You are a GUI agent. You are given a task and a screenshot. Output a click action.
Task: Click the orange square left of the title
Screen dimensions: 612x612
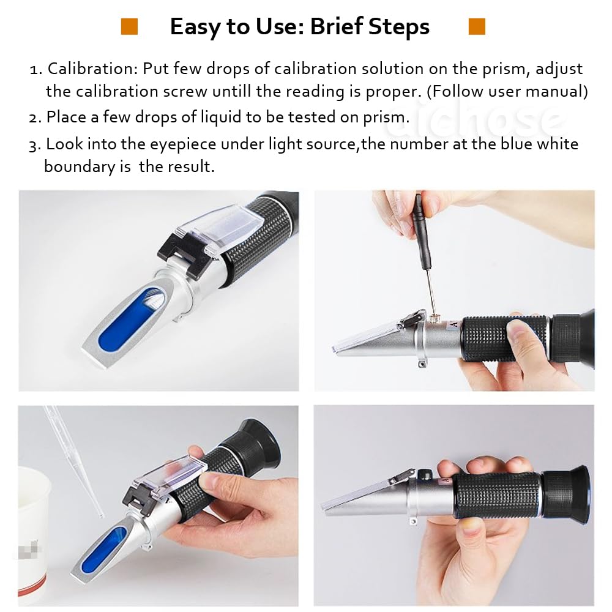tap(129, 26)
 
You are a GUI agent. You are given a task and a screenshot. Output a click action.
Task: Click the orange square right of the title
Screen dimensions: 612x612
tap(477, 26)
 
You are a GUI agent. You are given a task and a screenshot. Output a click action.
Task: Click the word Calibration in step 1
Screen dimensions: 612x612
tap(92, 69)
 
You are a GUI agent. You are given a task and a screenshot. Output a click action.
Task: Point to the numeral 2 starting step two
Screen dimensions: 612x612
tap(34, 118)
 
